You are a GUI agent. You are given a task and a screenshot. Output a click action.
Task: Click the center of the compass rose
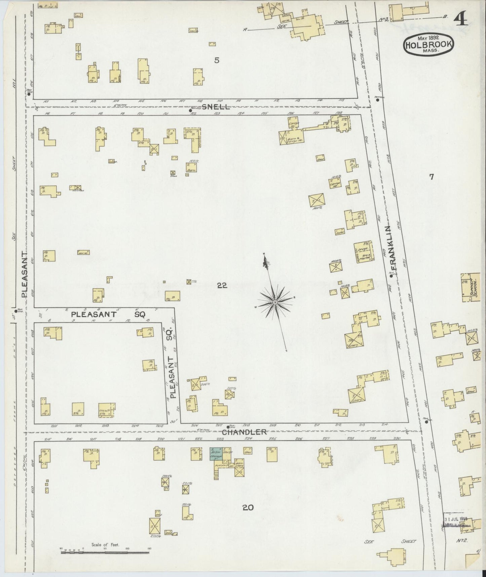click(x=275, y=303)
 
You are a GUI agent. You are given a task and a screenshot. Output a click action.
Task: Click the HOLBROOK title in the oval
click(x=429, y=44)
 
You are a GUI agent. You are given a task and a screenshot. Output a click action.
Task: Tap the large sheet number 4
click(x=461, y=21)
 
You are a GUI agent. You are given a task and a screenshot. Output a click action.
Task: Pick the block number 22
click(x=222, y=285)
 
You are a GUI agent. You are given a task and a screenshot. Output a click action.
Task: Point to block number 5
click(x=217, y=61)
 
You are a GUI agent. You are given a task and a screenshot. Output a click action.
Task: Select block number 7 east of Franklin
click(x=432, y=177)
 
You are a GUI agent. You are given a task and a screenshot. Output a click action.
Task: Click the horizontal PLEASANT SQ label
click(x=108, y=315)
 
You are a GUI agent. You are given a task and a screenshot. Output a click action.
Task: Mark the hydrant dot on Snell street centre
click(x=190, y=110)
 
